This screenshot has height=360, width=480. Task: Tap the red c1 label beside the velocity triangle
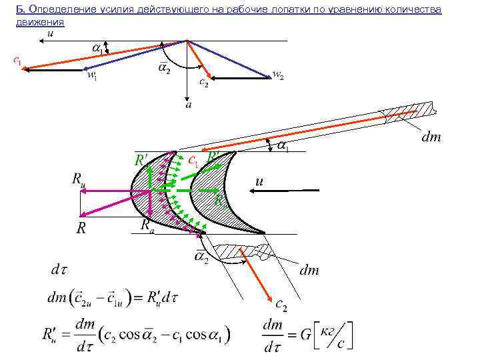[x=17, y=61]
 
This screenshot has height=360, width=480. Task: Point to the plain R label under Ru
[x=81, y=229]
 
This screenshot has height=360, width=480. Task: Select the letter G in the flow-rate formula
[x=305, y=335]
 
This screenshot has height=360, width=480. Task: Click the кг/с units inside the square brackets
[x=334, y=334]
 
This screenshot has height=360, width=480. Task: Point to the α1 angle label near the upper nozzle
[x=283, y=145]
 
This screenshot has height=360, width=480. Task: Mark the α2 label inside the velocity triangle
[x=163, y=69]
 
